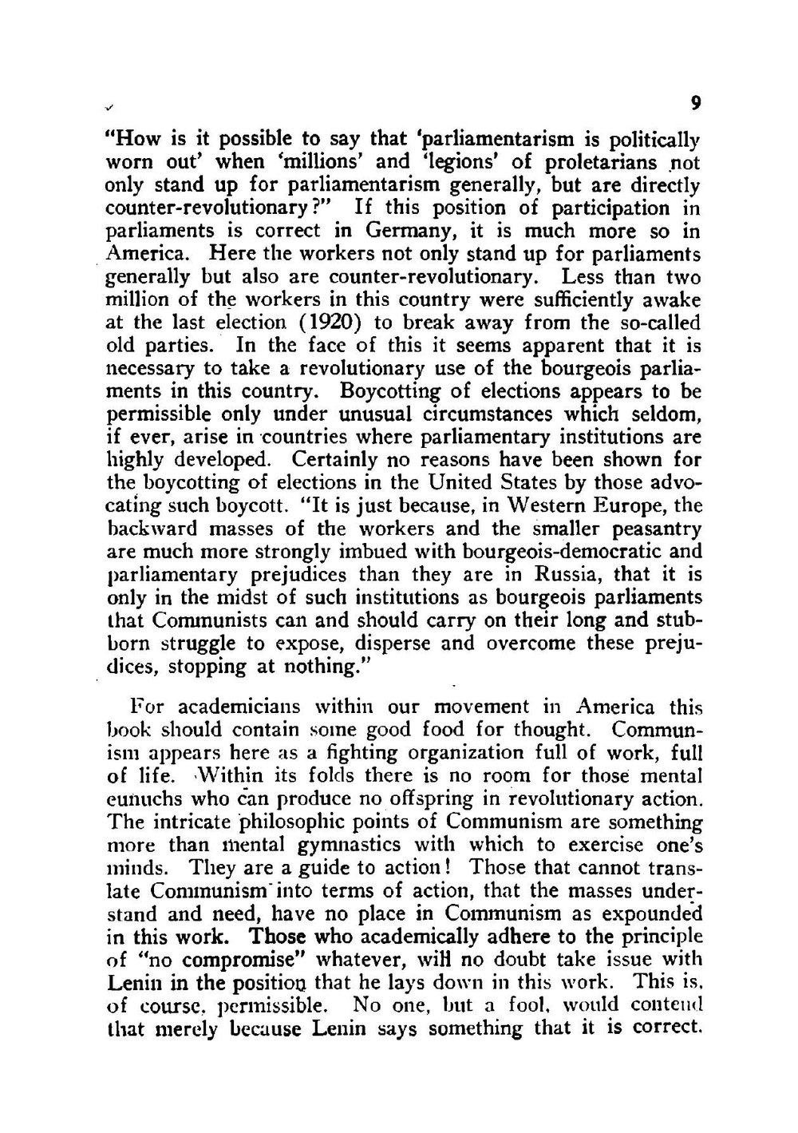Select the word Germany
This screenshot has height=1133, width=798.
tap(409, 232)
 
